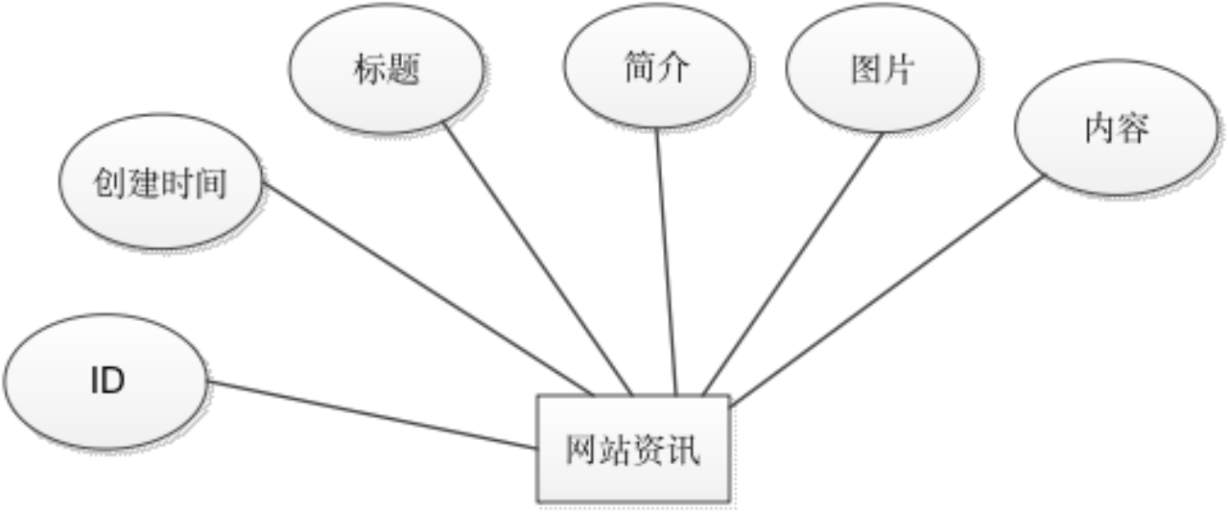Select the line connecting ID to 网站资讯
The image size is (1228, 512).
coord(374,415)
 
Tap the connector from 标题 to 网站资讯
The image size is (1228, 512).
coord(537,259)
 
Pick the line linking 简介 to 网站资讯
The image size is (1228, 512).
coord(667,264)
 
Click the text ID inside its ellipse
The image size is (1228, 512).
coord(107,382)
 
